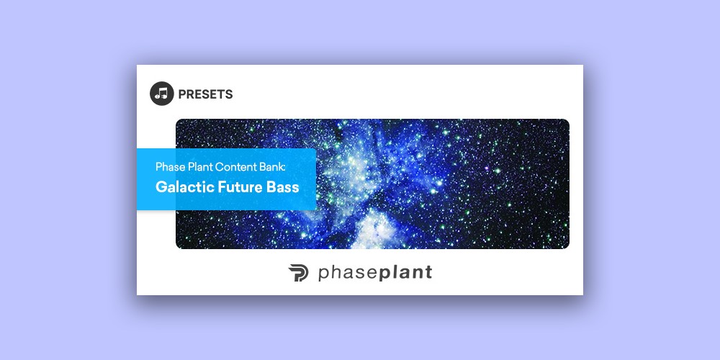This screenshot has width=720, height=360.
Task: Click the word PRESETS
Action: [x=205, y=94]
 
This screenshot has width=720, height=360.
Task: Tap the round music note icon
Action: [x=161, y=94]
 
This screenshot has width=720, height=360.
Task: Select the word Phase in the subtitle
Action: [x=169, y=167]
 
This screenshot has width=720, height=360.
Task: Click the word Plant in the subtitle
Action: [x=199, y=167]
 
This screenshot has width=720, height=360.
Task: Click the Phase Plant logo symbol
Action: [x=299, y=273]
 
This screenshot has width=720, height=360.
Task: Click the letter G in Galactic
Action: [x=161, y=187]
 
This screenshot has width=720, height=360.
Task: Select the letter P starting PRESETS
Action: [x=182, y=94]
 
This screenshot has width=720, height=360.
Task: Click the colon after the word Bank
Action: [x=284, y=168]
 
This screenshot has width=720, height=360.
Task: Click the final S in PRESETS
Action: [x=229, y=94]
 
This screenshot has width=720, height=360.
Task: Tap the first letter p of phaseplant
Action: [x=323, y=274]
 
